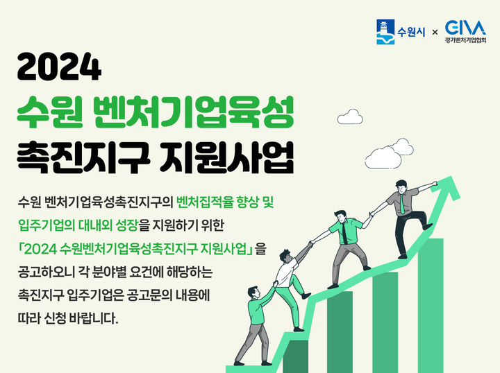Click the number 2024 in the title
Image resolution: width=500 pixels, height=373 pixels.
tap(60, 69)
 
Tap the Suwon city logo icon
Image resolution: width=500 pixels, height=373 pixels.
tap(385, 32)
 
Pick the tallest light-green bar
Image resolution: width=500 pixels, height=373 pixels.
tap(430, 305)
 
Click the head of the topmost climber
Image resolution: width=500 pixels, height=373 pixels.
tap(401, 186)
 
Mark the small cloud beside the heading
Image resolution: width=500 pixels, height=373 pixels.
tap(349, 117)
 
